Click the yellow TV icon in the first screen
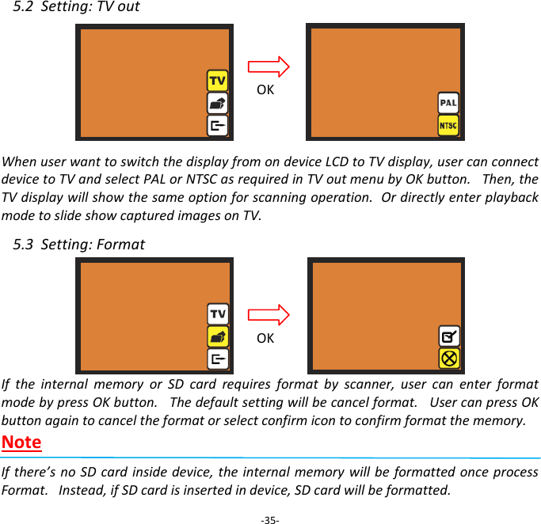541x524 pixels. click(x=217, y=81)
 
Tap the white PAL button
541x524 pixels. click(x=448, y=103)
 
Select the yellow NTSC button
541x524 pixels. click(x=448, y=126)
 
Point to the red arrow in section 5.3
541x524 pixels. click(x=269, y=313)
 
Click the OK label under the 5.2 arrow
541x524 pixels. click(x=265, y=90)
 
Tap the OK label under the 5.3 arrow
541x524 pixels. click(x=265, y=338)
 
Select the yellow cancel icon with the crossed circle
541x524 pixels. click(x=448, y=358)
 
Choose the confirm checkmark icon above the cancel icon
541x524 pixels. click(x=448, y=336)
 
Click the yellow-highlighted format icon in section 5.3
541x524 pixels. click(x=217, y=336)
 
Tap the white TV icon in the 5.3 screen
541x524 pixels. click(x=217, y=314)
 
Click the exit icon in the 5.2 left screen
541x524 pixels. click(x=217, y=125)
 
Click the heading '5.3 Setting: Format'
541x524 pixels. click(x=79, y=244)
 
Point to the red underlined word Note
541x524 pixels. click(x=22, y=442)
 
